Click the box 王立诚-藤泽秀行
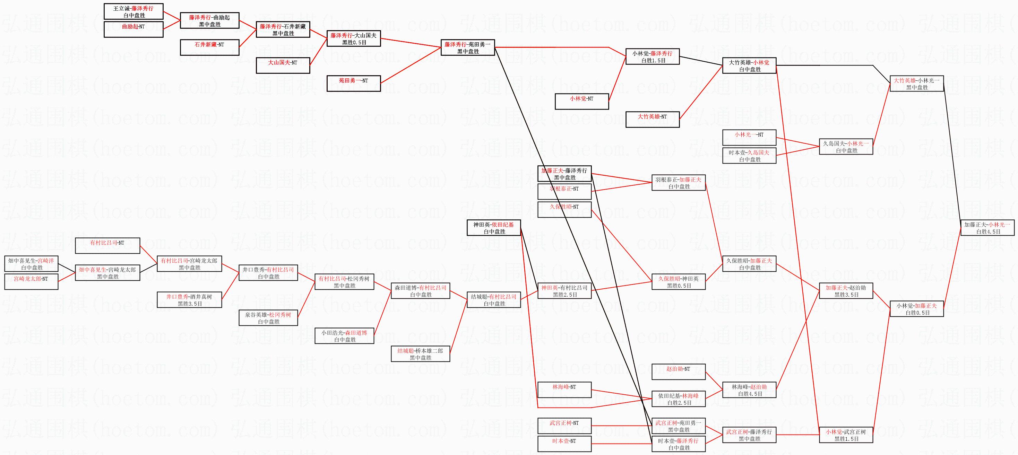coord(133,11)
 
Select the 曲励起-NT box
coord(133,29)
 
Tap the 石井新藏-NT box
coord(209,47)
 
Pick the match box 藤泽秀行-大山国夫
coord(354,39)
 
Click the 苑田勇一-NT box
coord(354,83)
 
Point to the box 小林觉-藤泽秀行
coord(653,56)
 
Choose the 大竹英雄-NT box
coord(653,119)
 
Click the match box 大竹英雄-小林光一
coord(916,83)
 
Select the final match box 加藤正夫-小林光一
coord(987,228)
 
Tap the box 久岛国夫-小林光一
coord(846,147)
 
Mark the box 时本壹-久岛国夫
coord(749,156)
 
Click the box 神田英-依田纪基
coord(494,228)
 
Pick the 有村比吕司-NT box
coord(107,245)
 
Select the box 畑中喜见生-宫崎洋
coord(31,264)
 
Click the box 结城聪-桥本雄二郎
coord(421,354)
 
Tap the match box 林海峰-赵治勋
coord(749,390)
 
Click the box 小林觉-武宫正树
coord(846,435)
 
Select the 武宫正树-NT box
coord(564,426)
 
